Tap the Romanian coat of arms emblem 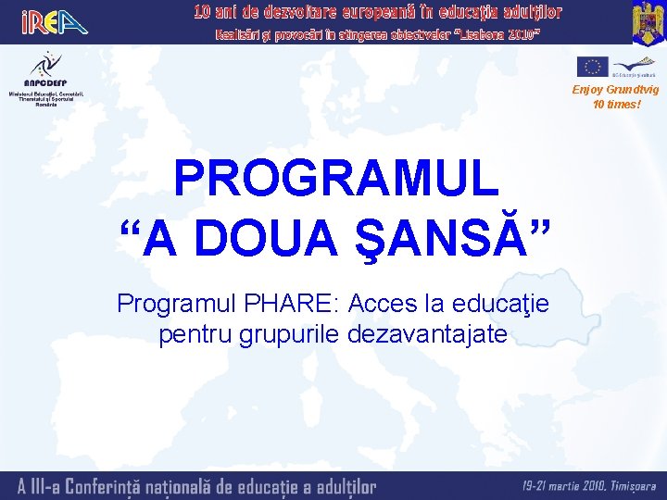[648, 22]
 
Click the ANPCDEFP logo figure [42, 64]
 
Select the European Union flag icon [592, 66]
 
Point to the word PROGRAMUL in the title [335, 180]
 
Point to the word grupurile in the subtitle [288, 333]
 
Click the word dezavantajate [427, 333]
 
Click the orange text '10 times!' [616, 104]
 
